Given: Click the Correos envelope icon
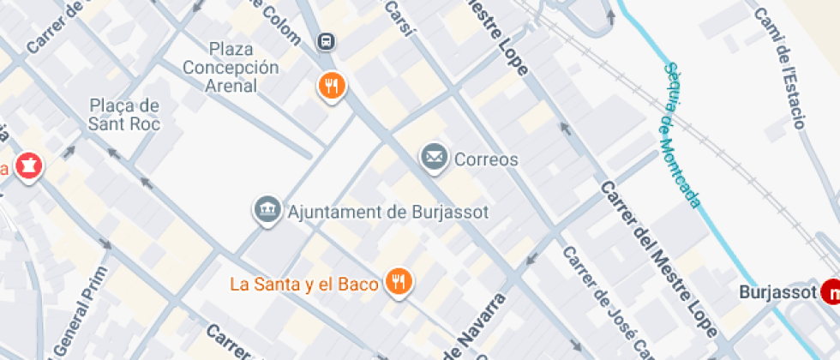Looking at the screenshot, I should pos(435,157).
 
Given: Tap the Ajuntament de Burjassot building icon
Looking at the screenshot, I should pos(268,209).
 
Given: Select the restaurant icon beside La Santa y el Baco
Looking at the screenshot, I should pos(398,281).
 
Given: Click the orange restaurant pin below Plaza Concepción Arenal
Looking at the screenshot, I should pos(332,85).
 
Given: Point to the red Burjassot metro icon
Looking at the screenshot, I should pos(831,293).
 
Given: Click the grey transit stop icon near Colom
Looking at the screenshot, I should pos(326,41).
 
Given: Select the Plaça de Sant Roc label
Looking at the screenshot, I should pos(125,114).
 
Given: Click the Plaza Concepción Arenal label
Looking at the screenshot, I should pos(231,66).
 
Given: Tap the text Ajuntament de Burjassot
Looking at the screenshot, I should pos(389,211).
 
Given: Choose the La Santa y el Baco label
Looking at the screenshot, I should pos(304,284).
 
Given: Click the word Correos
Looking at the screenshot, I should pos(486,159).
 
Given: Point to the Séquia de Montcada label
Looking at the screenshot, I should pos(681,135).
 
